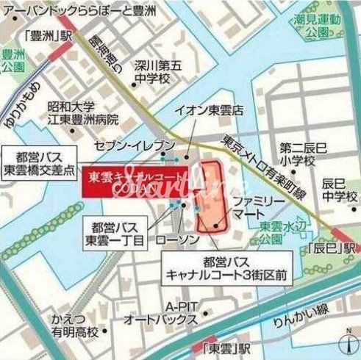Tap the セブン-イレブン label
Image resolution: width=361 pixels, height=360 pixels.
143,145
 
